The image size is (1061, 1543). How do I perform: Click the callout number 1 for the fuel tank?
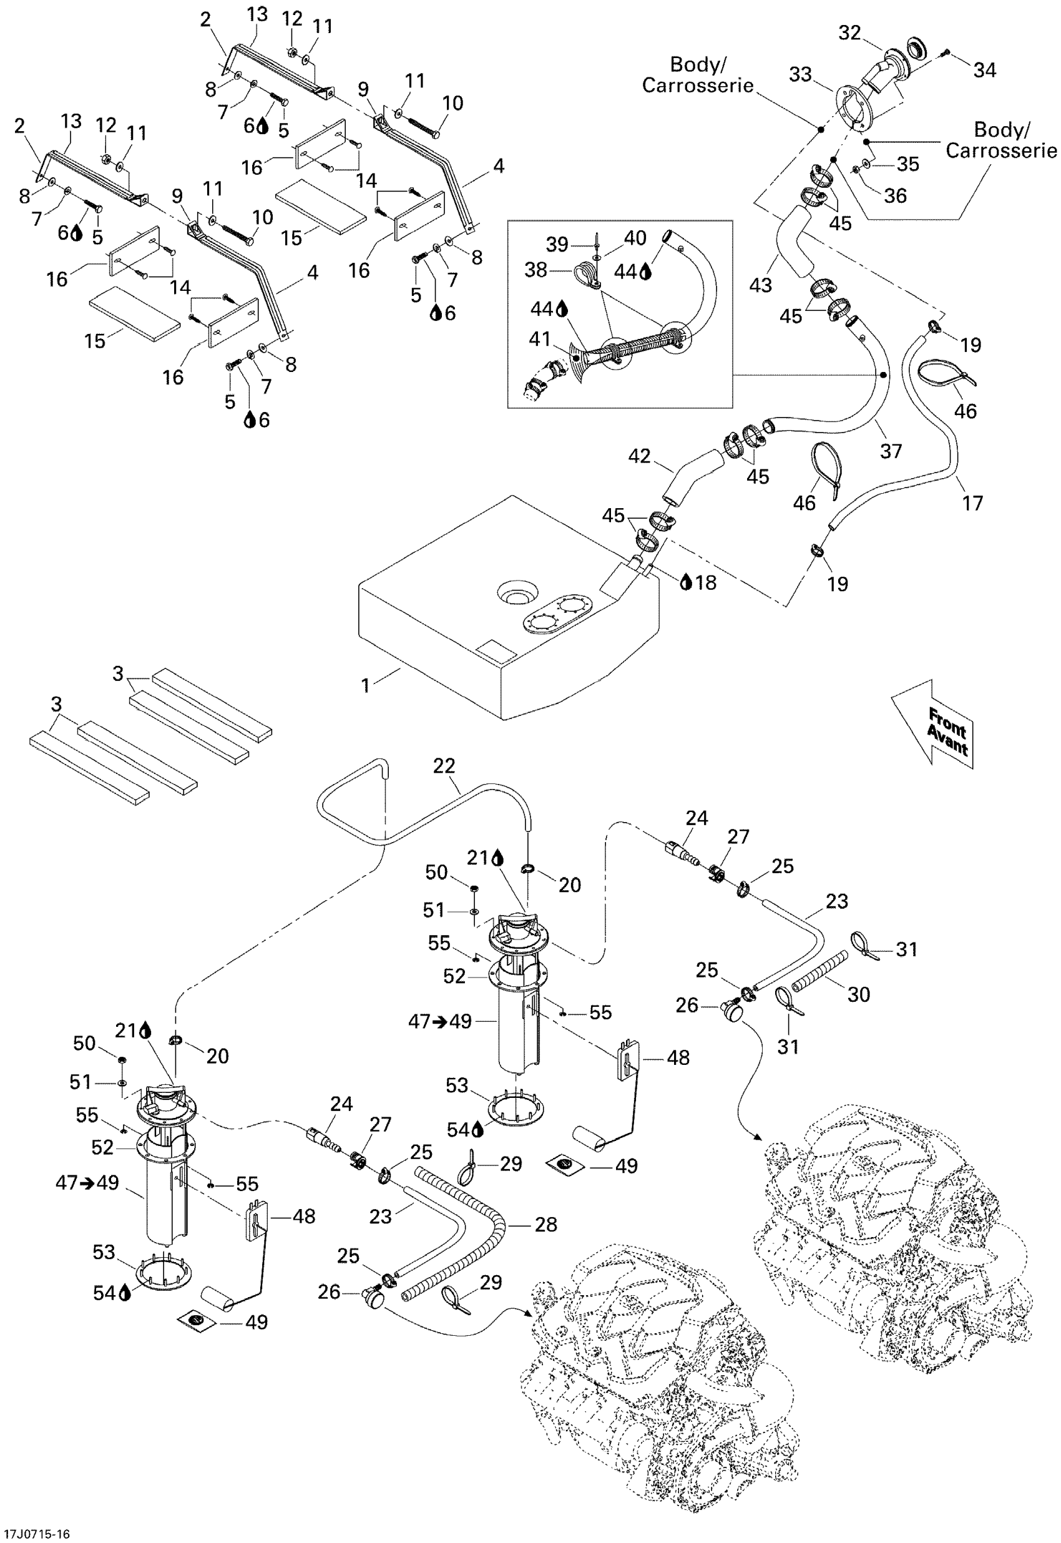[x=365, y=685]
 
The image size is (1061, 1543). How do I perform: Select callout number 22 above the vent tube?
[x=444, y=766]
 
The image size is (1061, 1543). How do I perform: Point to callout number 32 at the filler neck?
[x=849, y=32]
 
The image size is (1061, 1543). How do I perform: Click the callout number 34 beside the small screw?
[x=985, y=70]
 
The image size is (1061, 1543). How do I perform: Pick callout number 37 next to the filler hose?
[x=891, y=451]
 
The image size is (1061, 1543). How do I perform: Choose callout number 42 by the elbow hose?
[x=640, y=456]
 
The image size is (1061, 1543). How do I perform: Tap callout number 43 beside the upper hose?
[x=761, y=285]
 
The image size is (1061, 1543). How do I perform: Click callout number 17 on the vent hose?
[x=972, y=503]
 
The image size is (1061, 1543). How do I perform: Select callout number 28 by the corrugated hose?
[x=545, y=1224]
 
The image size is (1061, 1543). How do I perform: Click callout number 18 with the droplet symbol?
[x=705, y=582]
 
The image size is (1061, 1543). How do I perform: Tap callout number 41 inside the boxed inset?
[x=540, y=339]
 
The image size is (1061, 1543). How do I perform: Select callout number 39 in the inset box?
[x=557, y=245]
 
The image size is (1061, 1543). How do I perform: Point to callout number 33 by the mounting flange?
[x=800, y=74]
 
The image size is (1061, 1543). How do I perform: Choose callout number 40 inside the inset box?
[x=635, y=238]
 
